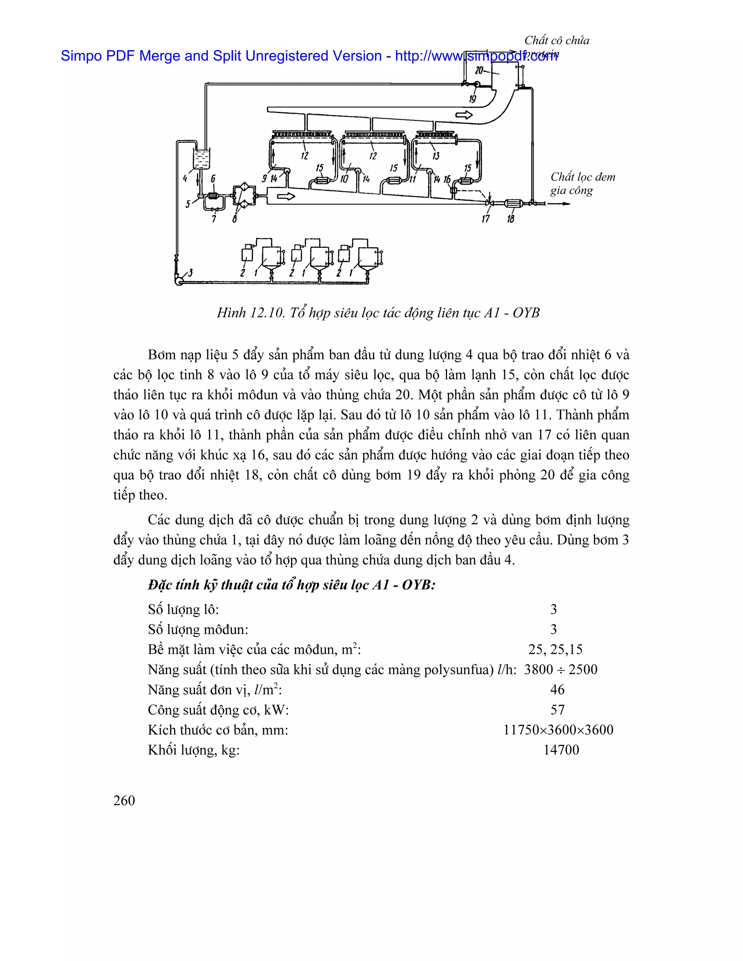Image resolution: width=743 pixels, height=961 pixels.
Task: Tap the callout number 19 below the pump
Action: point(472,99)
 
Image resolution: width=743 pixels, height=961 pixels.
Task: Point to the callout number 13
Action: point(436,156)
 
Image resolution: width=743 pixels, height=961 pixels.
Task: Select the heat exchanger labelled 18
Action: point(512,203)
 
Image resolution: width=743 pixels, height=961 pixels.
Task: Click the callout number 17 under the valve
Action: point(485,219)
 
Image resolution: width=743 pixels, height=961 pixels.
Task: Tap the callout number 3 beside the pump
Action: point(190,273)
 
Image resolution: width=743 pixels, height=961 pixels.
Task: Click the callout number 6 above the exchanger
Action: point(213,178)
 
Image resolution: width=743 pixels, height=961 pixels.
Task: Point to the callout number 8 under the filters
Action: point(235,219)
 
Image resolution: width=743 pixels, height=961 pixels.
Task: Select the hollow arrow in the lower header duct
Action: point(286,197)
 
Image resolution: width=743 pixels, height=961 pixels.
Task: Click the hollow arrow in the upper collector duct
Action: point(464,115)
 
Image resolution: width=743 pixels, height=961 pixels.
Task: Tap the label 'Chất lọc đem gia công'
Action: point(582,183)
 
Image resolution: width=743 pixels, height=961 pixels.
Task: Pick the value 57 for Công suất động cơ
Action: point(557,709)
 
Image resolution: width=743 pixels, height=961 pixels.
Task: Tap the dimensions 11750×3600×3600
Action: point(558,730)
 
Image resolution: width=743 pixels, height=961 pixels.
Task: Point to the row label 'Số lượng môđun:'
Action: point(198,629)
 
